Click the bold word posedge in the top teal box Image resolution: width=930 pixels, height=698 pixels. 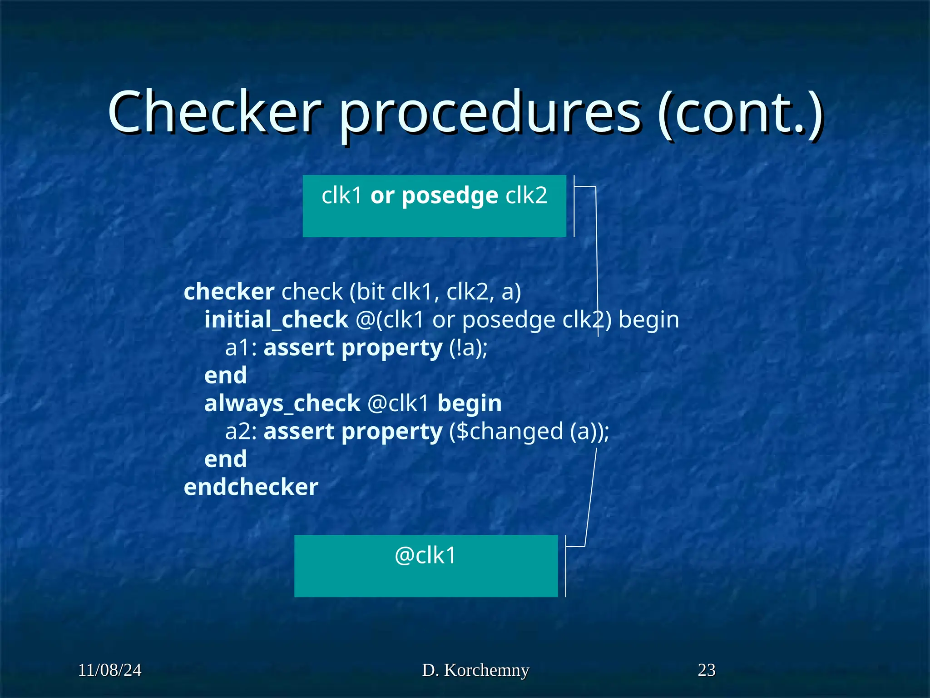[x=450, y=196]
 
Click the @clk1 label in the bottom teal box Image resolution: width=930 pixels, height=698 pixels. [x=425, y=555]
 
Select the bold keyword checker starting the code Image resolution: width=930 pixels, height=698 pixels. [x=229, y=291]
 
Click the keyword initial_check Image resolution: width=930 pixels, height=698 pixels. [x=276, y=319]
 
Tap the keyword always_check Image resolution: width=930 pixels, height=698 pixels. [x=282, y=404]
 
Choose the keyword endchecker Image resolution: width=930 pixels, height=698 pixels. [x=251, y=487]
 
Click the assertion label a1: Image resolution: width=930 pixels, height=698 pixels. [x=241, y=348]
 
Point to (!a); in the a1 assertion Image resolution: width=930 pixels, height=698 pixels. [x=468, y=348]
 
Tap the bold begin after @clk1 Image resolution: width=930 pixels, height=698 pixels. [x=470, y=404]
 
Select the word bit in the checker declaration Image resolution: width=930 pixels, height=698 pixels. [x=370, y=291]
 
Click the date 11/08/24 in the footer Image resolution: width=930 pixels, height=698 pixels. [x=110, y=670]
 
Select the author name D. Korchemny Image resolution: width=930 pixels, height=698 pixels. [x=475, y=670]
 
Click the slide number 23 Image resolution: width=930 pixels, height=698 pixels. [x=707, y=670]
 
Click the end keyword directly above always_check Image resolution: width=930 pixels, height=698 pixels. [x=226, y=376]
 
